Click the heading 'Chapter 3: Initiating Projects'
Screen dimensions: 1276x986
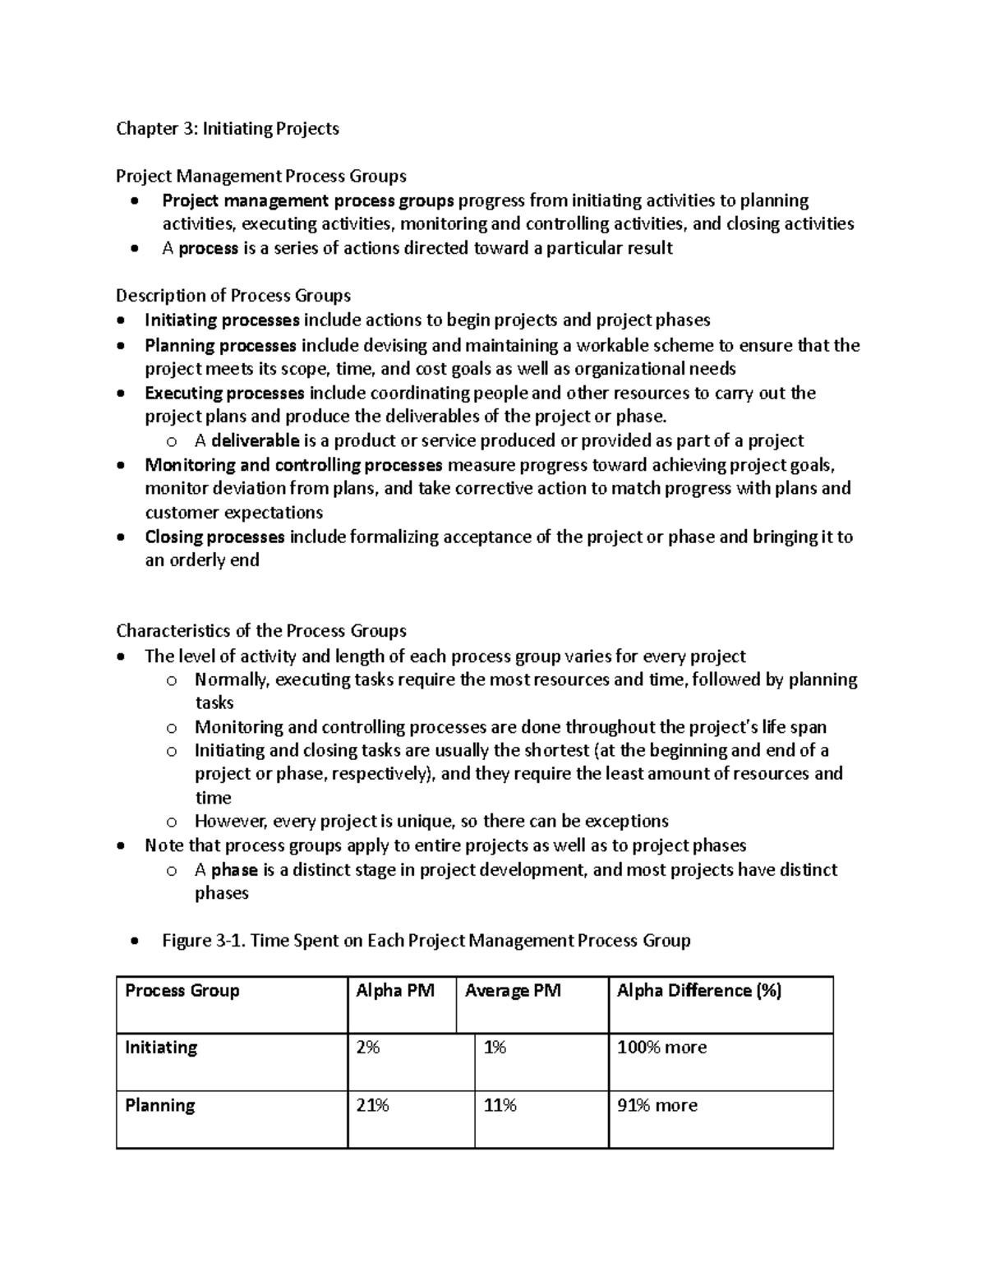227,128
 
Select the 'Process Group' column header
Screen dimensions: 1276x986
182,991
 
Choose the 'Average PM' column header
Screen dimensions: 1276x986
513,991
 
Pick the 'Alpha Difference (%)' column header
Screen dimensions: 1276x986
698,991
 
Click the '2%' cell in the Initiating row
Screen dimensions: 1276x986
367,1048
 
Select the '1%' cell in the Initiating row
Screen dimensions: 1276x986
495,1048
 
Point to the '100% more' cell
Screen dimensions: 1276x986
661,1048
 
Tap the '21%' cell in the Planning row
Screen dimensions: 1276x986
372,1106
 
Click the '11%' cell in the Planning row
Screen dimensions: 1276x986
500,1106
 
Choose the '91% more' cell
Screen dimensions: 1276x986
657,1106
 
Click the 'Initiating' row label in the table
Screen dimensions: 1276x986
161,1048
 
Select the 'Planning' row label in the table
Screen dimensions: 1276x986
159,1106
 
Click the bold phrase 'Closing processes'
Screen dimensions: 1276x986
214,537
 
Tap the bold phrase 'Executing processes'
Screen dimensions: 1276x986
224,394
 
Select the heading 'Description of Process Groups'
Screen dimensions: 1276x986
233,296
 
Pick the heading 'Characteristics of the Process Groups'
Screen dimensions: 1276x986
261,631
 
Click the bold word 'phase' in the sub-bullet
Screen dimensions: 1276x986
235,870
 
